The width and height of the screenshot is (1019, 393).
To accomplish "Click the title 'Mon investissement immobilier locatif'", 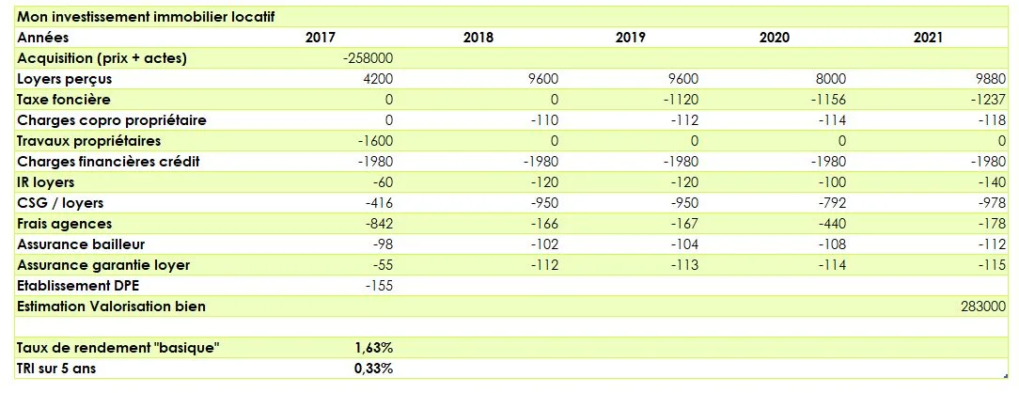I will [147, 17].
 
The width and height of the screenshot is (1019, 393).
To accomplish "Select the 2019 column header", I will [631, 38].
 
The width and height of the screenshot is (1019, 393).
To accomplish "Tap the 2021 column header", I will [928, 38].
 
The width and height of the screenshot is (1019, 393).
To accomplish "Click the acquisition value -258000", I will [368, 58].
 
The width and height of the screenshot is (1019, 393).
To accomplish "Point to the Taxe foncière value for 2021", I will [986, 100].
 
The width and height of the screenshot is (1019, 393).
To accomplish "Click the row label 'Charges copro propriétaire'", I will [112, 120].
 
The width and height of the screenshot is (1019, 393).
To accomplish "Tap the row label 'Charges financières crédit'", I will [109, 162].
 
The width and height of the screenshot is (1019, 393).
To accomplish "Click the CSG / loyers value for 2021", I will [987, 203].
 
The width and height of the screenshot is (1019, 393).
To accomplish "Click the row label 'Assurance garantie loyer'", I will [103, 265].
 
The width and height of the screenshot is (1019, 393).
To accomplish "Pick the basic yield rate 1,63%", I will [373, 348].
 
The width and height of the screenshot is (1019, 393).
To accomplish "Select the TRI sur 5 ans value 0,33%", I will [373, 369].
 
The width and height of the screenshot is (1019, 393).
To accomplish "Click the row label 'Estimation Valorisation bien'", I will [111, 307].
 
